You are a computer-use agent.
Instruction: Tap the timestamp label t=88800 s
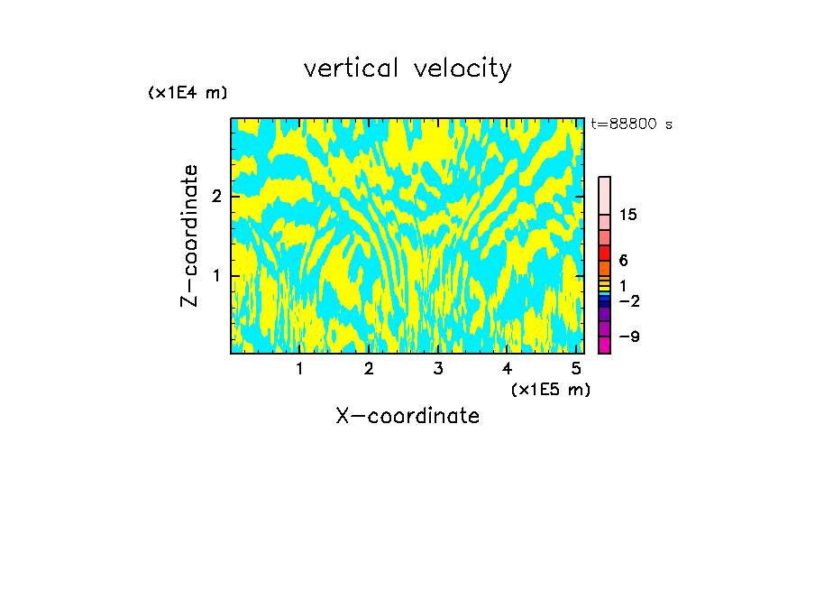[631, 124]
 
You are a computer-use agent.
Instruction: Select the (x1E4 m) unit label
[188, 93]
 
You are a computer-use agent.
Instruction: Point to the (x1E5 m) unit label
[550, 389]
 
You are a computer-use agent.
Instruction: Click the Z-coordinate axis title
[189, 235]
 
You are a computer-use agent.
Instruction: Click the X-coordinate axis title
[407, 416]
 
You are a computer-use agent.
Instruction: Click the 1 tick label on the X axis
[299, 369]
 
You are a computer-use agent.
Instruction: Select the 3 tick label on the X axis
[437, 369]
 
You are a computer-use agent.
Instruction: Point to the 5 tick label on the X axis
[575, 369]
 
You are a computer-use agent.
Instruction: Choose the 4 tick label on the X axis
[507, 369]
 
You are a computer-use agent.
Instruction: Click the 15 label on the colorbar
[628, 215]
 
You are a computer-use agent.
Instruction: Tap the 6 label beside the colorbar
[623, 261]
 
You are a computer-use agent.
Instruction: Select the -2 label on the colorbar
[630, 300]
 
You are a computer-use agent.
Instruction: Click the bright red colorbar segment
[604, 253]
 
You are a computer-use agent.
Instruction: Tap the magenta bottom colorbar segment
[604, 345]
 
